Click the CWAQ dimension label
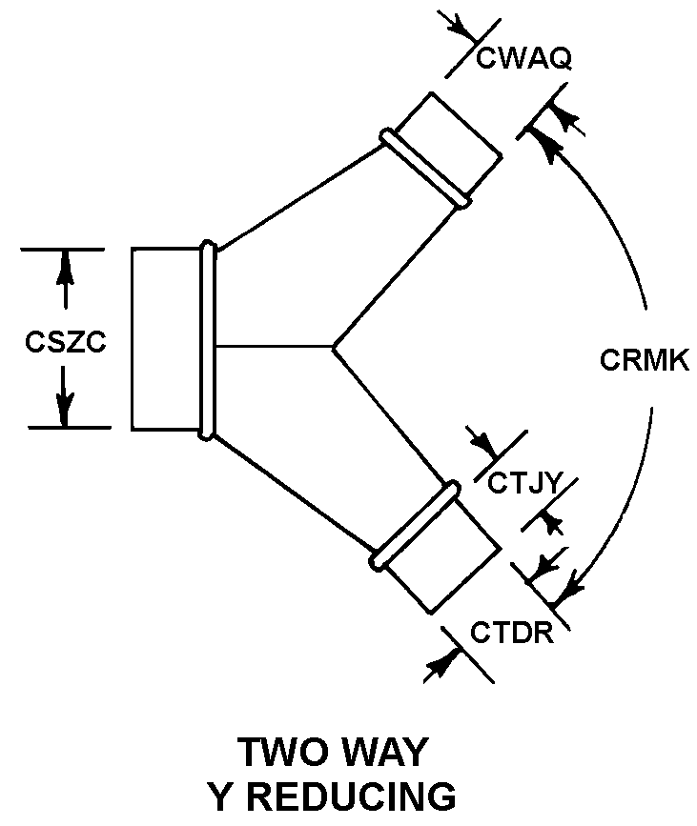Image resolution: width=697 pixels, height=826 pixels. pyautogui.click(x=523, y=59)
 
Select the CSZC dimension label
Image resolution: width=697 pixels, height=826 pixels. pyautogui.click(x=65, y=342)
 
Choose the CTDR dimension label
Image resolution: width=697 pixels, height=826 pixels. pyautogui.click(x=511, y=633)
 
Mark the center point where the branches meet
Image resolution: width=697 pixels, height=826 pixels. pyautogui.click(x=333, y=347)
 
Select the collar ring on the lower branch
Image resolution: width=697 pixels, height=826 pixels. pyautogui.click(x=414, y=526)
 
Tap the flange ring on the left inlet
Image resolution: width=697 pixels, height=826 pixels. pyautogui.click(x=207, y=340)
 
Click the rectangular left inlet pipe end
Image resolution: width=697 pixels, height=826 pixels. pyautogui.click(x=167, y=339)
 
